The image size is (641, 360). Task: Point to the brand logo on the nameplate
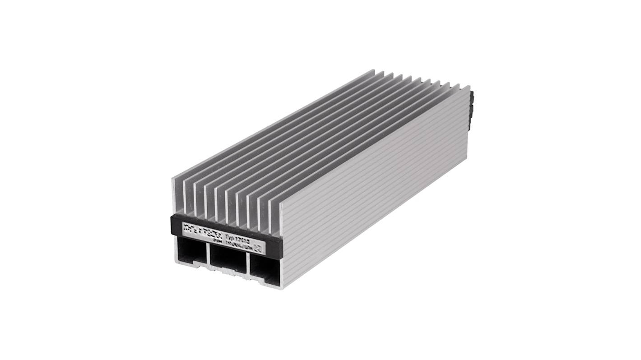(x=201, y=226)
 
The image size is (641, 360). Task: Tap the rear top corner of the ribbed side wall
(x=469, y=87)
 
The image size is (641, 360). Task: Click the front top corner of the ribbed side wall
(x=280, y=203)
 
